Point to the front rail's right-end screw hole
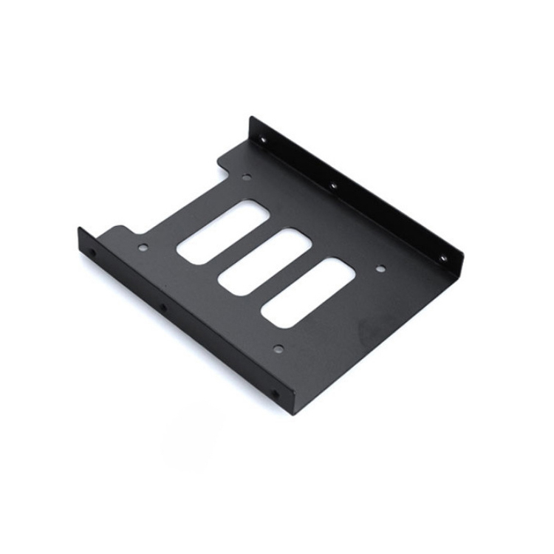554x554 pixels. tap(276, 394)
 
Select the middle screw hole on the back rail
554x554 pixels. tap(333, 185)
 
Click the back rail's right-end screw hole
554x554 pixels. tap(443, 258)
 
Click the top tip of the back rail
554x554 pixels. tap(251, 120)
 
